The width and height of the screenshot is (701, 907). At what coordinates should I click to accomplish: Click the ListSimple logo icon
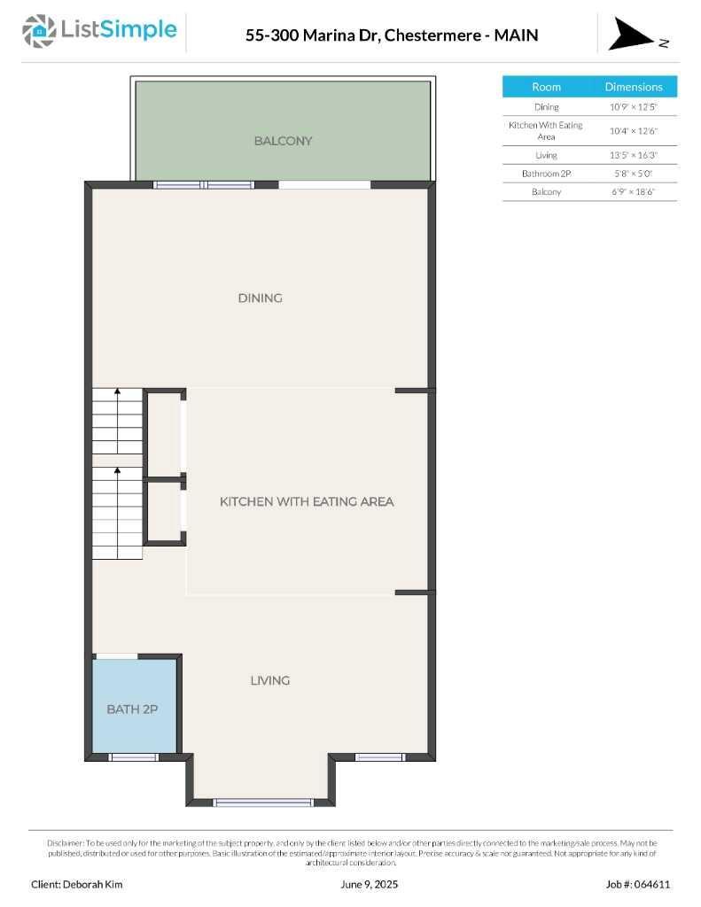39,31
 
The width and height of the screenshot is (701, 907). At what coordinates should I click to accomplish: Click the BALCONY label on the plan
283,141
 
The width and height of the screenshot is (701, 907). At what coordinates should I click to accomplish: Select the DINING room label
261,298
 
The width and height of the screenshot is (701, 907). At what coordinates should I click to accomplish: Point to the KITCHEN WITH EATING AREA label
307,501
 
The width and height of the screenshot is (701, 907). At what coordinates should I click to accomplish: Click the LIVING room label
270,680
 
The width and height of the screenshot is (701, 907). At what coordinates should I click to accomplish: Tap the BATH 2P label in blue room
132,709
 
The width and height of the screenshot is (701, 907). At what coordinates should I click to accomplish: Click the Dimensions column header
634,87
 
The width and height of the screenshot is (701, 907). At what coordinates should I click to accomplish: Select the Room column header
547,87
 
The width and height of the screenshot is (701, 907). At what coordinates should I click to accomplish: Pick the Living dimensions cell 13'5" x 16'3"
634,155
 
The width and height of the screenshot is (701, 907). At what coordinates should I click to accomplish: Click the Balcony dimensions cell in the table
634,191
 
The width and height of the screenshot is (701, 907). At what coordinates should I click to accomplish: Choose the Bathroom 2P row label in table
547,174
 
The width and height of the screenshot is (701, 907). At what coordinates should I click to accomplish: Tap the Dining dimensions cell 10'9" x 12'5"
634,107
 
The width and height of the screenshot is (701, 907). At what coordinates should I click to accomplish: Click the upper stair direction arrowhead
118,391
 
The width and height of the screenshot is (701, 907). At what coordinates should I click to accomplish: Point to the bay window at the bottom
263,802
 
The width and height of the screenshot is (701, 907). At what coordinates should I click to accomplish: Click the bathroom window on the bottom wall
134,757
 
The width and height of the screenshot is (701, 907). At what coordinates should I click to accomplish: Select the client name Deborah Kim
93,885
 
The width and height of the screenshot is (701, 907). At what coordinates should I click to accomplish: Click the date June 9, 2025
370,885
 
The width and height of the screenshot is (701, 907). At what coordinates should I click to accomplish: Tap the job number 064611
651,885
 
